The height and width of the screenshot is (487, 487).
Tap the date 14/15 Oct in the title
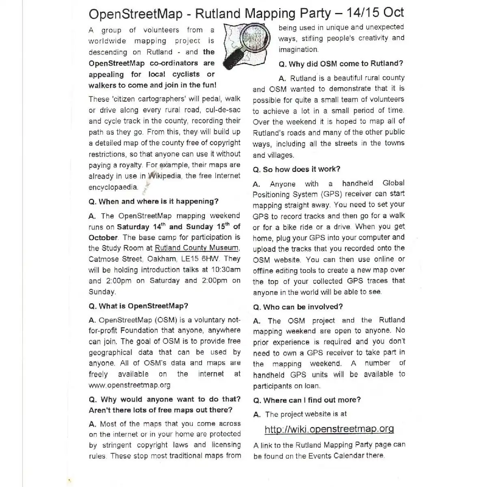[375, 13]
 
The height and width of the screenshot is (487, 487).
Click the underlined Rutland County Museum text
[197, 248]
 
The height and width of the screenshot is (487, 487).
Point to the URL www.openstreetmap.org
[129, 385]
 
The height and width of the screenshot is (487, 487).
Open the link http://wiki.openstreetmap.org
[329, 429]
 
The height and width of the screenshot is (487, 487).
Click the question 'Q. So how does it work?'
[296, 169]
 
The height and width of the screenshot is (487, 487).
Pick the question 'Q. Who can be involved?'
[297, 307]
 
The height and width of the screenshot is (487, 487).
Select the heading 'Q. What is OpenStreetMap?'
[138, 306]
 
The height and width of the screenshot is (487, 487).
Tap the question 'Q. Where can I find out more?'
[307, 400]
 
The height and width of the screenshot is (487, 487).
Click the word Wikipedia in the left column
[165, 176]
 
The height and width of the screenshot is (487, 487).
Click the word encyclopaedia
[113, 187]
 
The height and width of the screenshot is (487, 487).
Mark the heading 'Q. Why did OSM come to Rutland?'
[341, 64]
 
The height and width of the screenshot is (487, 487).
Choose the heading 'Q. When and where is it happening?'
[153, 202]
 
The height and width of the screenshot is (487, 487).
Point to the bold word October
[103, 238]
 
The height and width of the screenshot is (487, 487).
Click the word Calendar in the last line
[348, 456]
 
